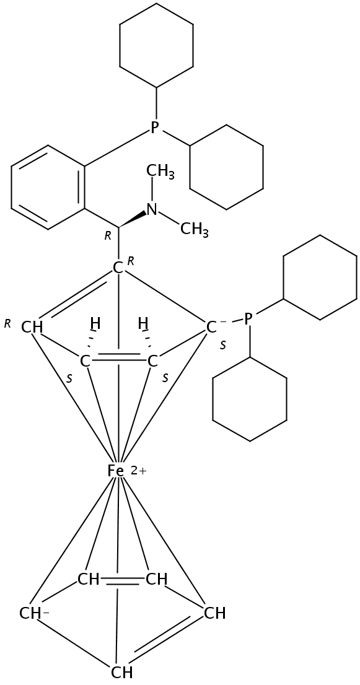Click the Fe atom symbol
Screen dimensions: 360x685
[x=115, y=471]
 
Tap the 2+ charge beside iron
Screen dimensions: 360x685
[x=138, y=471]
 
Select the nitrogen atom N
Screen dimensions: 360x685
[x=152, y=209]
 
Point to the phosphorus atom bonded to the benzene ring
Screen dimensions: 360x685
[x=154, y=127]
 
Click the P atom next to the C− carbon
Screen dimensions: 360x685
[x=248, y=318]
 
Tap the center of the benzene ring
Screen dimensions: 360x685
[x=47, y=187]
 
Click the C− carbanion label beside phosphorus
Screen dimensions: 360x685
[x=214, y=326]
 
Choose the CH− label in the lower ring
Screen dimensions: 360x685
[x=34, y=614]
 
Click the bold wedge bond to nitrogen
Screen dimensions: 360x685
[x=133, y=219]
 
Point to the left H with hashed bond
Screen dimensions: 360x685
[x=95, y=324]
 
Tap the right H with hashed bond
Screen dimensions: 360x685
[x=143, y=324]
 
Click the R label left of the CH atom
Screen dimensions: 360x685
[x=7, y=324]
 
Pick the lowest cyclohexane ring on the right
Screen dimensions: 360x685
[x=250, y=399]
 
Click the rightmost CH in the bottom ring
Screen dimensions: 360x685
[x=215, y=614]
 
